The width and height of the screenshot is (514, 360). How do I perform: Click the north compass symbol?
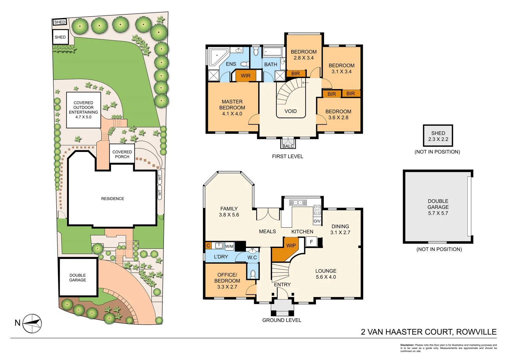pos(32,323)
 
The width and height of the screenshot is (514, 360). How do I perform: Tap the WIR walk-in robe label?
pos(246,76)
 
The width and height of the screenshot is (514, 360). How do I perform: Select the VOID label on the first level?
pos(290,111)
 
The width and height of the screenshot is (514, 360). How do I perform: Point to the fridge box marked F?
pos(311,242)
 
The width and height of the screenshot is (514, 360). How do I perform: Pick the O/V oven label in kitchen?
pos(317,221)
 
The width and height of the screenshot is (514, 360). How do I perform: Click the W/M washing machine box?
pos(229,246)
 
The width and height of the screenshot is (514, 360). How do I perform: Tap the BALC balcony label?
pos(288,146)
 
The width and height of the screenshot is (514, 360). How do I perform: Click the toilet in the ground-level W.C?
pos(253,274)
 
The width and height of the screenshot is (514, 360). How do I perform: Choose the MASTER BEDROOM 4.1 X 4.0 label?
pos(232,108)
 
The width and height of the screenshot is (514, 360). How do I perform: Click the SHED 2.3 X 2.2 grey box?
pos(438,136)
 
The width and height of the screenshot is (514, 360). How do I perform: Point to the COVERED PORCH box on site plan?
pos(122,154)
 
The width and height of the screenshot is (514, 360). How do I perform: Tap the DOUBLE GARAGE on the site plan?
pos(78,277)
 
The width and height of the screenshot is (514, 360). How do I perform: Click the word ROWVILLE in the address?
pos(476,332)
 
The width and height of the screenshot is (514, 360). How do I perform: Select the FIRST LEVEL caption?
pos(287,156)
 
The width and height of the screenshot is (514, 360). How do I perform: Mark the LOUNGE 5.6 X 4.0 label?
pos(326,274)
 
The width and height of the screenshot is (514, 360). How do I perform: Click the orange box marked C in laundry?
pos(208,246)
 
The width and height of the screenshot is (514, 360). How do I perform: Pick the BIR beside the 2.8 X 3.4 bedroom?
pos(295,74)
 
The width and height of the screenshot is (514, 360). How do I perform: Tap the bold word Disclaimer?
pos(407,345)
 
